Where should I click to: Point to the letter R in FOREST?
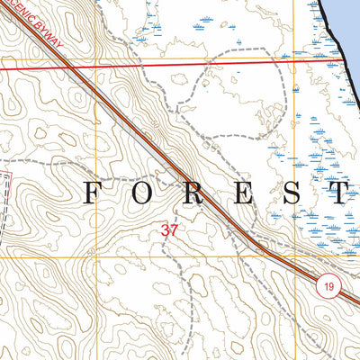click(x=196, y=192)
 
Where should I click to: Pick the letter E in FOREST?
click(x=245, y=192)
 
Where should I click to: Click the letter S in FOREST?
click(x=293, y=192)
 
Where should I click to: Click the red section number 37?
click(x=170, y=230)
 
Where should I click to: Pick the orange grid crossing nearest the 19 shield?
click(x=293, y=257)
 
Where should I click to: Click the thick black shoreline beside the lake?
click(x=333, y=36)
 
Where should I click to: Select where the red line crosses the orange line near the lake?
click(x=292, y=61)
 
